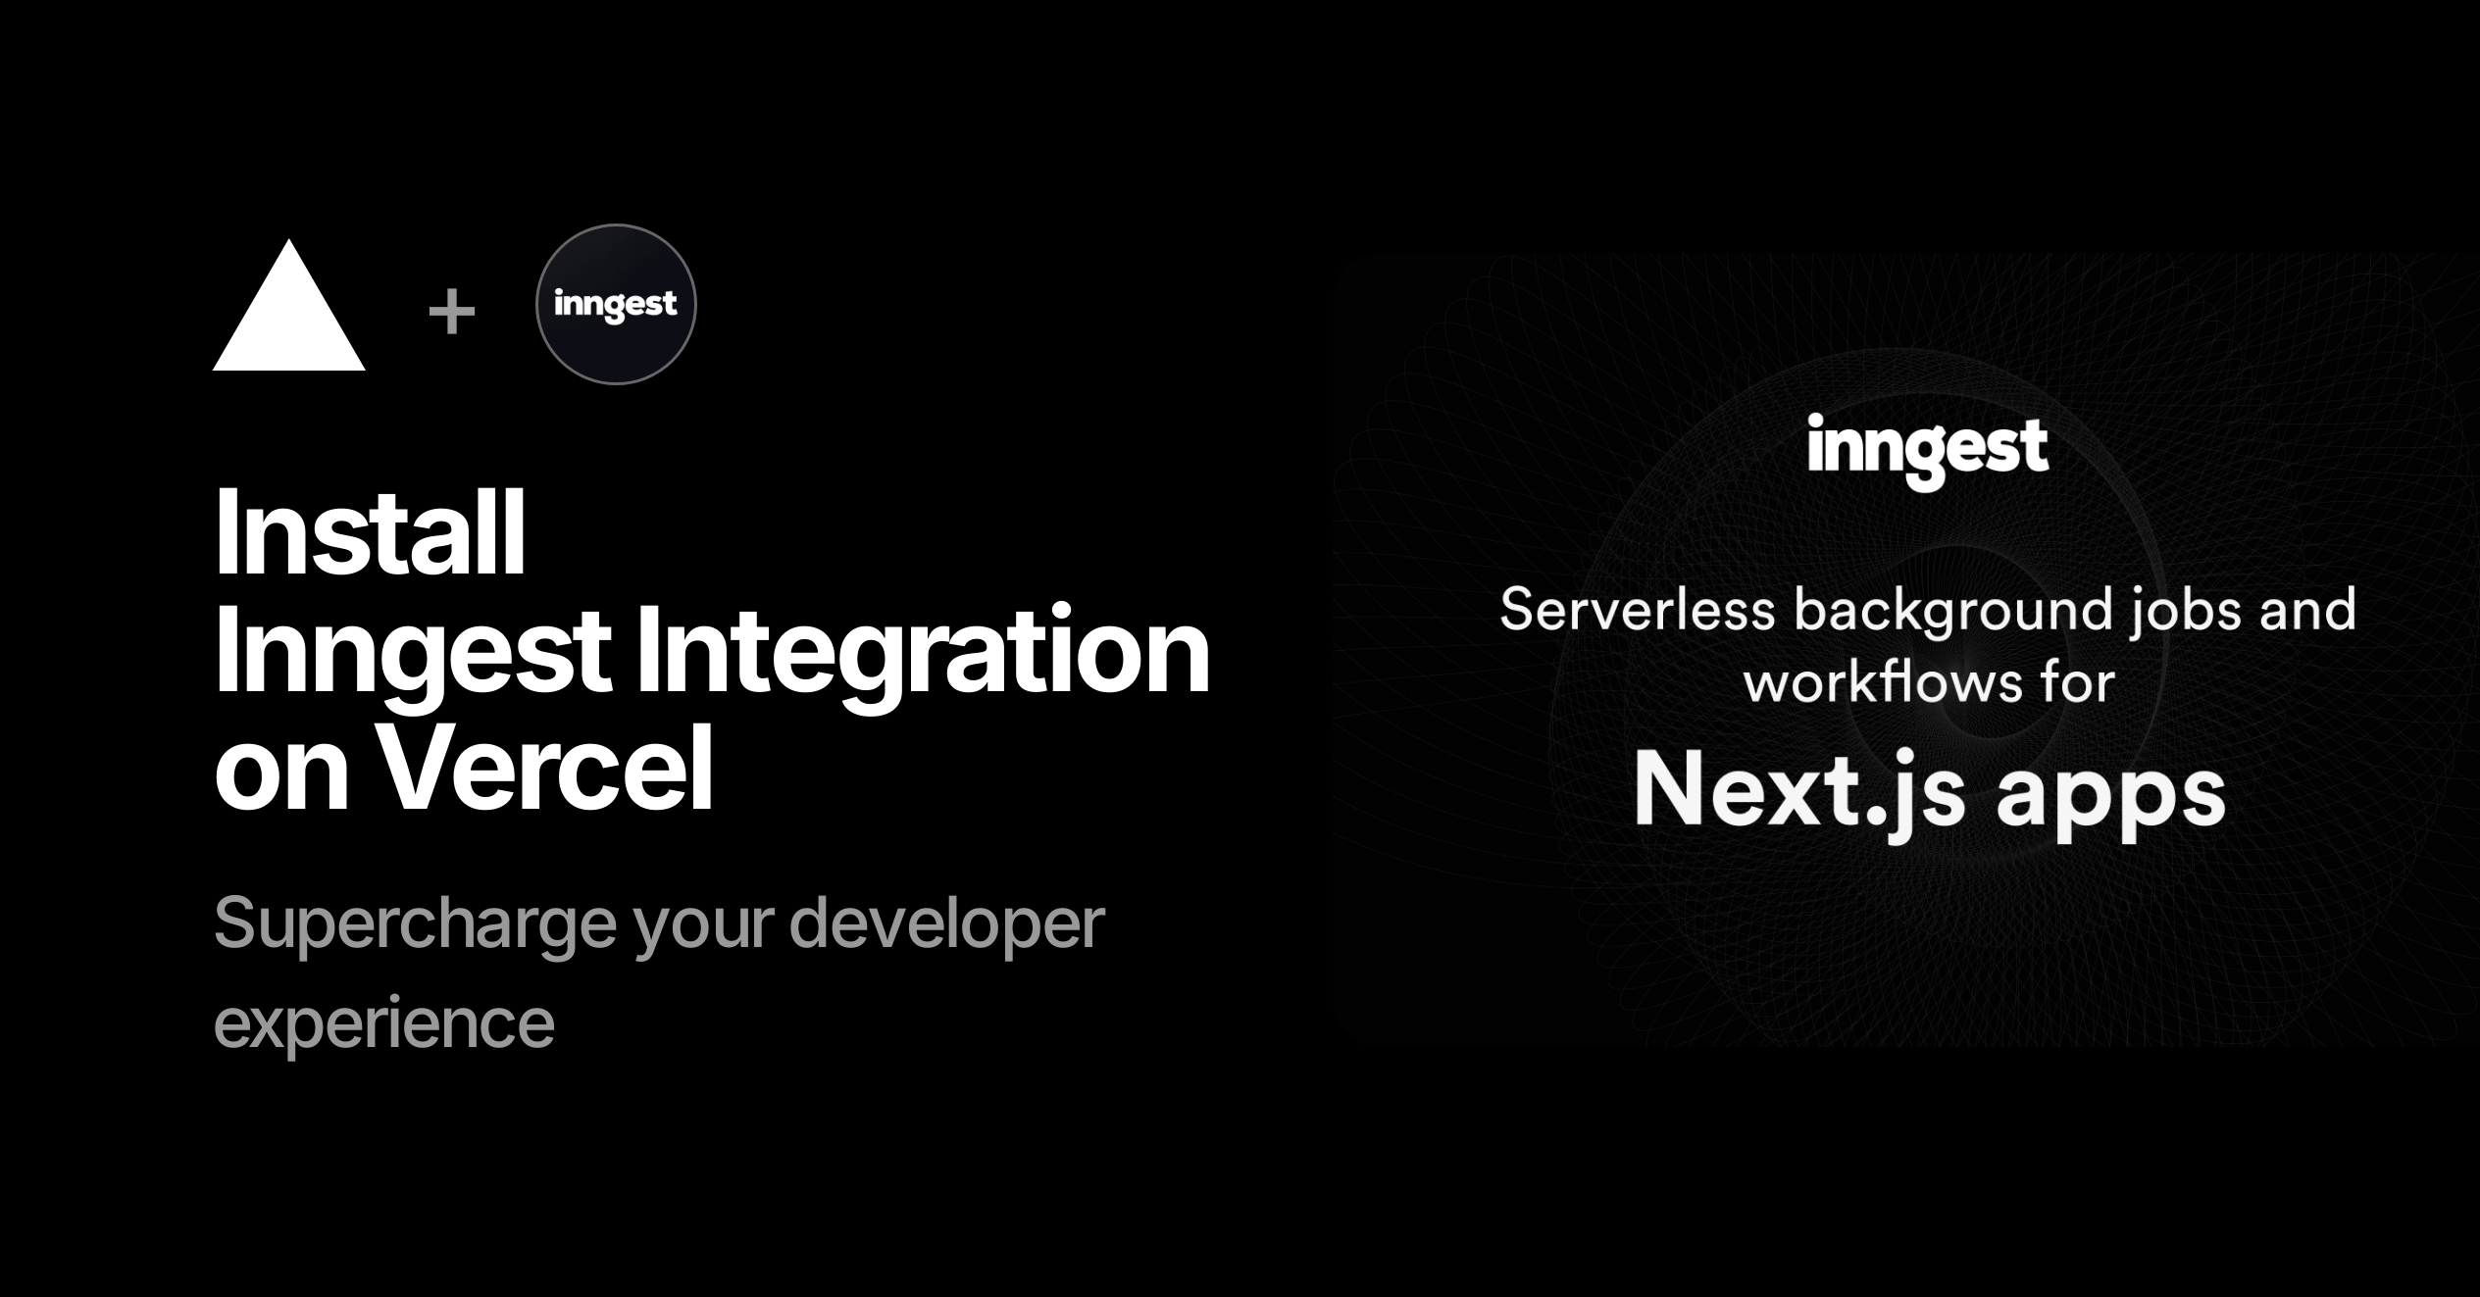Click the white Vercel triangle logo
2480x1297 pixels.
[289, 314]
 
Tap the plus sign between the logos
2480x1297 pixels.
[452, 313]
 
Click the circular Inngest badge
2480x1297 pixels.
[616, 304]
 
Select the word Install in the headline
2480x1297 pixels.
[371, 533]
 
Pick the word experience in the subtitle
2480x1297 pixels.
[384, 1024]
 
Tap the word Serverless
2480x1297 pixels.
[1638, 609]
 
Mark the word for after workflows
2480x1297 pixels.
[2078, 681]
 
